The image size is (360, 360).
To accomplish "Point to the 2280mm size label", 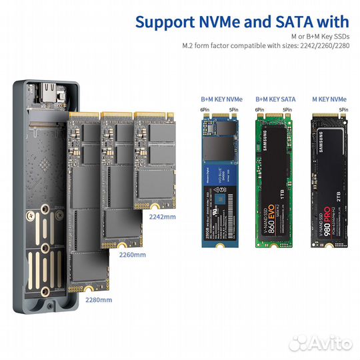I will (99, 300).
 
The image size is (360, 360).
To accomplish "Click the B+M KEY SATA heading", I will (276, 97).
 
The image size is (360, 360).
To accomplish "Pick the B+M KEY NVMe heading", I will (221, 97).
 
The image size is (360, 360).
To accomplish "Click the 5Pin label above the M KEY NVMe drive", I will (343, 108).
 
